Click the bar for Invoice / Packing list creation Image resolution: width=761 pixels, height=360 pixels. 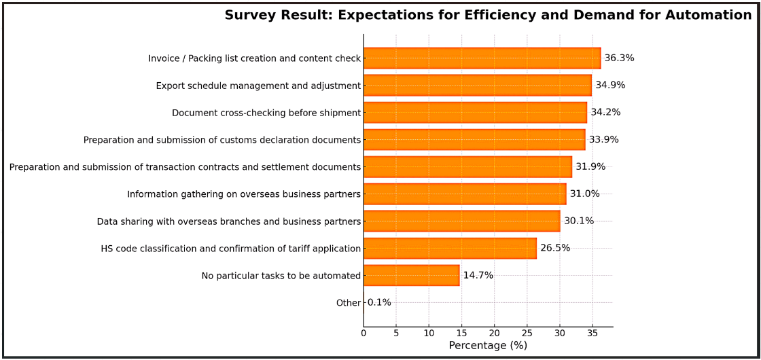point(482,58)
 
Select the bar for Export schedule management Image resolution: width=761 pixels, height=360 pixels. point(477,86)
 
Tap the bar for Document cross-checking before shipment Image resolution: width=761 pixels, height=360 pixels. point(475,113)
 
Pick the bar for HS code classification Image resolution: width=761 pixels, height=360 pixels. point(450,249)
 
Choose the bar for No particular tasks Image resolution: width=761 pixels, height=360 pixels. point(411,276)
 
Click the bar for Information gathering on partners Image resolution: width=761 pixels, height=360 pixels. point(464,194)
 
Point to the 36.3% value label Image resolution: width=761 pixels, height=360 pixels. point(619,58)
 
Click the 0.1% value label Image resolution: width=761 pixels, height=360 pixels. point(379,303)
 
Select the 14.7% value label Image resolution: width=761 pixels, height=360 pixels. point(478,276)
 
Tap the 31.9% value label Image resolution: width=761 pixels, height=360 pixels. point(590,167)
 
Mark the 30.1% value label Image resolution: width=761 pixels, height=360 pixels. point(579,221)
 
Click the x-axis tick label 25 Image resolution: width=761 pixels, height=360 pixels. point(527,334)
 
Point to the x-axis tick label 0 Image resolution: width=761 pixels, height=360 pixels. point(364,334)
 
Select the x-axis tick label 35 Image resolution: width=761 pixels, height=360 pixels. point(592,334)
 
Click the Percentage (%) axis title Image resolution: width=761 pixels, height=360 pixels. point(488,346)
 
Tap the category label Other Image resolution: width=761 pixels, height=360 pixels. point(348,303)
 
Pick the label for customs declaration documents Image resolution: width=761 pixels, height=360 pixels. point(222,140)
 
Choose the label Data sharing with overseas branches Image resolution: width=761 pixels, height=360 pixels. point(228,221)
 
